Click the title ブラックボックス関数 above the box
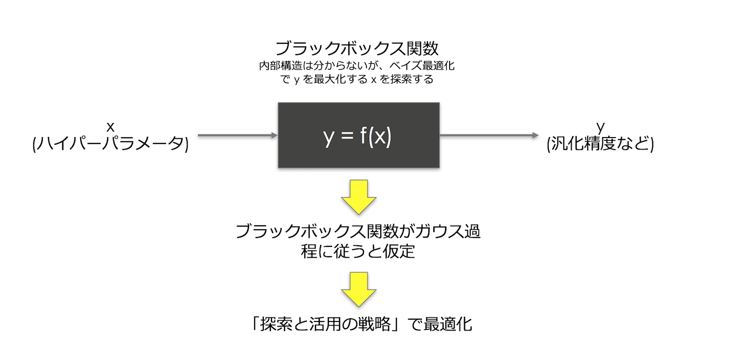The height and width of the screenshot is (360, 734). click(x=356, y=48)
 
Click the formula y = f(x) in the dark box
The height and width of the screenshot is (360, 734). click(x=357, y=136)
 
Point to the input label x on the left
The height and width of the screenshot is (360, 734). click(x=110, y=126)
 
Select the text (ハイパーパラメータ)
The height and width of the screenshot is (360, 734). click(x=110, y=144)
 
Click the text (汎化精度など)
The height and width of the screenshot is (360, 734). click(x=600, y=144)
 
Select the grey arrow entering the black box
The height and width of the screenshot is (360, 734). click(x=238, y=135)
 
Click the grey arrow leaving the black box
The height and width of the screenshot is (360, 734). click(x=489, y=135)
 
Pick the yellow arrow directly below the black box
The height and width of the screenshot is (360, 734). click(x=359, y=197)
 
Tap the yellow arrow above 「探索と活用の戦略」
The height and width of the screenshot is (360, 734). click(x=359, y=289)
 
